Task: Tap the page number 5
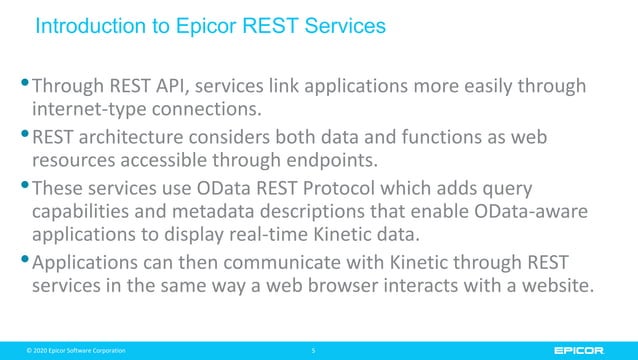314,350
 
